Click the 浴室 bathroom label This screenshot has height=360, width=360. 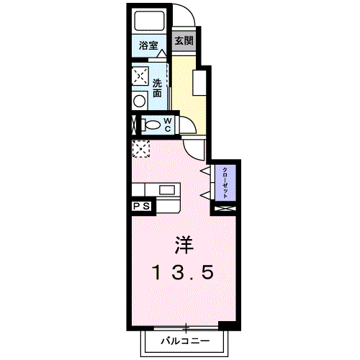(x=148, y=45)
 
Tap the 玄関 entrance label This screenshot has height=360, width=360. (x=184, y=41)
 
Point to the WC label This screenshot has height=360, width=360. (x=167, y=124)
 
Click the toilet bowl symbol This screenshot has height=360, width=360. (x=152, y=125)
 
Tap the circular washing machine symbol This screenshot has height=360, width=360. (x=139, y=101)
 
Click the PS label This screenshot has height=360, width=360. (x=141, y=206)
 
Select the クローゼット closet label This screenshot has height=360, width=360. (x=225, y=183)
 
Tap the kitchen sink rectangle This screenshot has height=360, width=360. (x=167, y=190)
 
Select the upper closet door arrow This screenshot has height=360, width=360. (x=204, y=171)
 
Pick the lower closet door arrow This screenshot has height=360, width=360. (x=204, y=194)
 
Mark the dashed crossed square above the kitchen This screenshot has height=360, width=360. (x=140, y=148)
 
